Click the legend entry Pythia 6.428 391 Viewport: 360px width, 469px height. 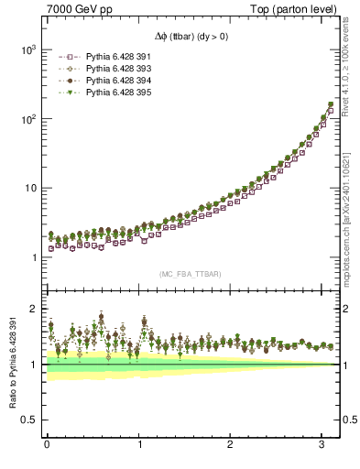coord(113,58)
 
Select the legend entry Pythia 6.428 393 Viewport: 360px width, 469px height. coord(113,69)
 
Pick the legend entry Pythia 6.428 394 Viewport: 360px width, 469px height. coord(113,81)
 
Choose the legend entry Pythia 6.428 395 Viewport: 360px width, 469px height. coord(113,92)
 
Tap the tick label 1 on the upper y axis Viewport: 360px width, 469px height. coord(33,257)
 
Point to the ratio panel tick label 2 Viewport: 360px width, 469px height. coord(33,309)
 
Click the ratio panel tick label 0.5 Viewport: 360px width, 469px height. coord(28,420)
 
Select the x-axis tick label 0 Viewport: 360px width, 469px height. coord(46,444)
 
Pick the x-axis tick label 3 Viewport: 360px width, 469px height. coord(322,444)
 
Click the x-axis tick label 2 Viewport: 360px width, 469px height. coord(231,444)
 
